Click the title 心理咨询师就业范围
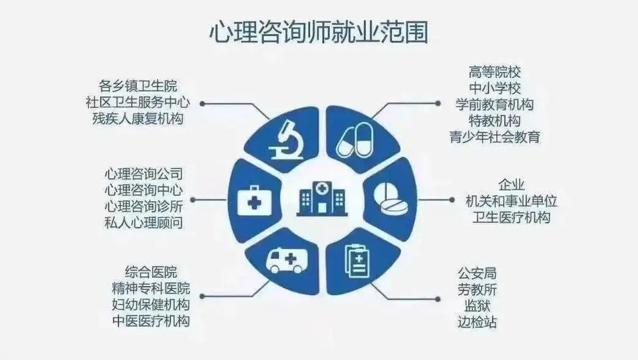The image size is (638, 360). pos(318,32)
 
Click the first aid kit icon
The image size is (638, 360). pos(254,200)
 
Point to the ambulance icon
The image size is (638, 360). pos(287,261)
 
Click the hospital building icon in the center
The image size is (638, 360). pos(322,198)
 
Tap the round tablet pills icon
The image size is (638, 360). pos(390,199)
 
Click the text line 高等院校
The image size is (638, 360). pos(495,73)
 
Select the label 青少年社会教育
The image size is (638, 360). pos(495,137)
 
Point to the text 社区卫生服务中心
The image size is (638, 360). pos(138,102)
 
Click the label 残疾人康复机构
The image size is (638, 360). pos(138,118)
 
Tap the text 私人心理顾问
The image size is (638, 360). pos(143,222)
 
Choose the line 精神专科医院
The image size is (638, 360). pos(150,289)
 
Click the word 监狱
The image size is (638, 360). pos(477,306)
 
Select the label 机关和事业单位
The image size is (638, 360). pos(511,201)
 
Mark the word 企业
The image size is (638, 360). pos(511,185)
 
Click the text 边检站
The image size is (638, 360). pos(477,322)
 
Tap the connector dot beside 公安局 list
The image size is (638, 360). pos(438,299)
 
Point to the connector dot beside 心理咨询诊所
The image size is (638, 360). pos(193,200)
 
